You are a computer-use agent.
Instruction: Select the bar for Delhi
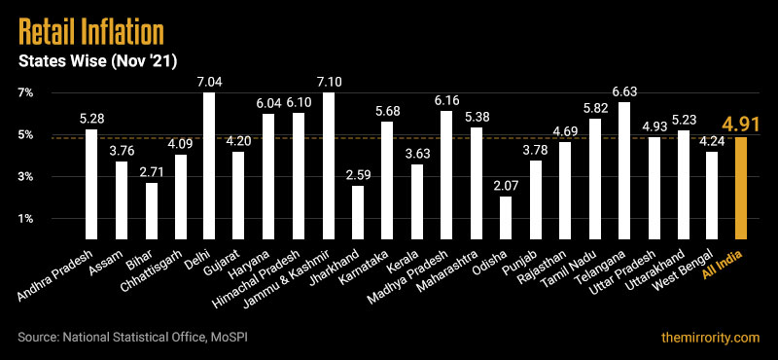pyautogui.click(x=209, y=165)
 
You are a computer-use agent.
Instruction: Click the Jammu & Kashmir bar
pyautogui.click(x=329, y=165)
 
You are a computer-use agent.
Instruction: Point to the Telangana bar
pyautogui.click(x=624, y=170)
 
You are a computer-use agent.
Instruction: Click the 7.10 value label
pyautogui.click(x=329, y=82)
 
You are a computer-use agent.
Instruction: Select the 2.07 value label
pyautogui.click(x=506, y=186)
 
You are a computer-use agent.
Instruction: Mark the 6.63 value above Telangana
pyautogui.click(x=624, y=91)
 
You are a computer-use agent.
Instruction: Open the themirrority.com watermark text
pyautogui.click(x=708, y=337)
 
